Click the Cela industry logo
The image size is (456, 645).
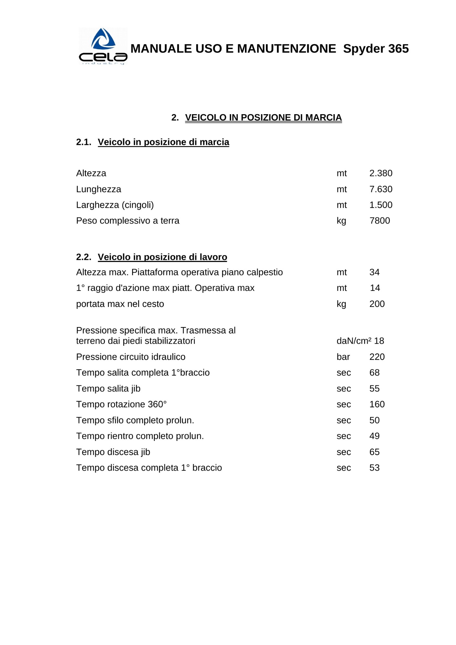point(103,46)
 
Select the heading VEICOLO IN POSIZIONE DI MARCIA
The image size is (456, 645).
point(263,117)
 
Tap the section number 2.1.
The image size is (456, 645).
point(84,142)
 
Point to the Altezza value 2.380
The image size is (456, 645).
point(380,173)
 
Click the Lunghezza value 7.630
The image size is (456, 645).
point(380,189)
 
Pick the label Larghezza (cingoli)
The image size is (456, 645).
point(115,205)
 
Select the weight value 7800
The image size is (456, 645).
point(380,221)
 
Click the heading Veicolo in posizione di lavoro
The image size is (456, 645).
point(162,257)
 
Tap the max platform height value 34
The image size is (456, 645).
point(374,272)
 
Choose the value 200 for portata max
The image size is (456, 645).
point(377,304)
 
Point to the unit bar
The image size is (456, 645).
point(343,357)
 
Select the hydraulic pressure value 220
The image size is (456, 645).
point(377,357)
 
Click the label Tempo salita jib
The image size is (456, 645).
point(108,389)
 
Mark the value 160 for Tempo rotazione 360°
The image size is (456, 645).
point(377,404)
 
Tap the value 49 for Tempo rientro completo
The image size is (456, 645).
point(374,436)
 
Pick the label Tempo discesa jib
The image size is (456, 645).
point(113,452)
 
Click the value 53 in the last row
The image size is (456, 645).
point(374,468)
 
